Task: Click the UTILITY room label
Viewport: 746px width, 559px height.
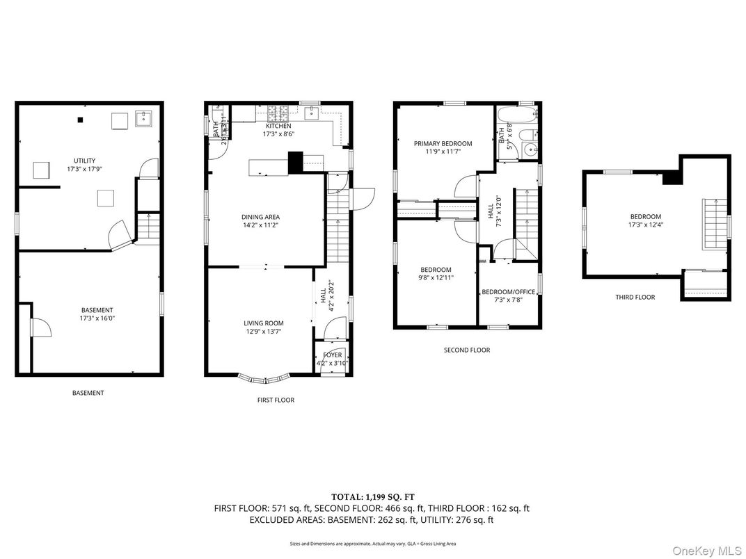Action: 84,161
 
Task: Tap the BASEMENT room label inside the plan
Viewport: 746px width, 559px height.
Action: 97,310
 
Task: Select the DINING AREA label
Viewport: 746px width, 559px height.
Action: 262,217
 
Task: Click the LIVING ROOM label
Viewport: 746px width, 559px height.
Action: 263,323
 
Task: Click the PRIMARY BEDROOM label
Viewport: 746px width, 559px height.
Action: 443,143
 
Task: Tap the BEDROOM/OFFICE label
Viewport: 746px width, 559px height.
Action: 508,292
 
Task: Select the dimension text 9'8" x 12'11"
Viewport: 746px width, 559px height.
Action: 436,278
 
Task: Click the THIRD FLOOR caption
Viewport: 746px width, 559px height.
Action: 635,298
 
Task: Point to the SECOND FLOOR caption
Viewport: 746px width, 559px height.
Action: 466,350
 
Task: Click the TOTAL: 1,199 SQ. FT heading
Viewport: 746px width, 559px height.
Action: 372,496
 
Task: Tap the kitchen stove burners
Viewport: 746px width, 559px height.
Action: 279,110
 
